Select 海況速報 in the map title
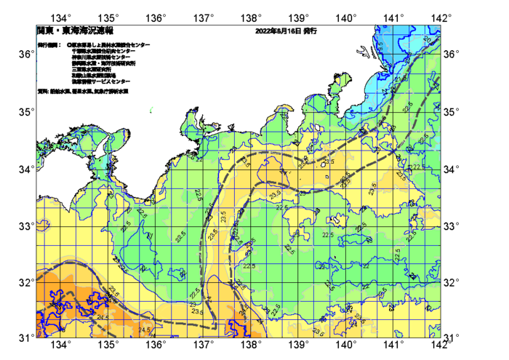pos(96,31)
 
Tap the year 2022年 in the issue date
pos(265,32)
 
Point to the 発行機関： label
pos(49,45)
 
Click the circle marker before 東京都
pos(70,45)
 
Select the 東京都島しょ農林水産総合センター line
pos(111,45)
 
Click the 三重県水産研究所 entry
pos(92,69)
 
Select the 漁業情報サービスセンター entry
pos(100,81)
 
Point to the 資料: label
pos(43,92)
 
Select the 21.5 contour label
pos(399,78)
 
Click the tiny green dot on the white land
pos(151,111)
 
